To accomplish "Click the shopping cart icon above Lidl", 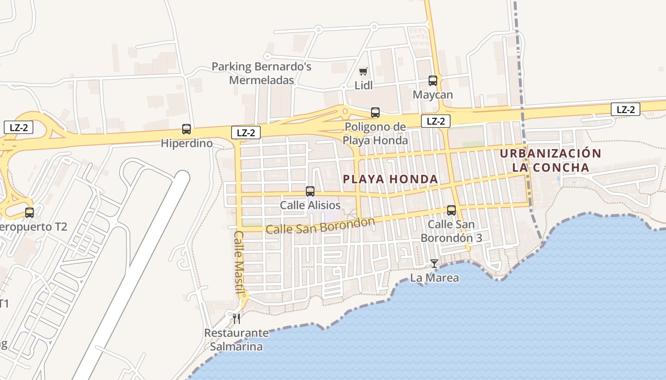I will [363, 72].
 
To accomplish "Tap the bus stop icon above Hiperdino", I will [186, 129].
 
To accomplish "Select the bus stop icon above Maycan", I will [433, 81].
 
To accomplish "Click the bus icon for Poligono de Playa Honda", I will [375, 113].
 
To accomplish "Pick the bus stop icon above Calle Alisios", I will [310, 191].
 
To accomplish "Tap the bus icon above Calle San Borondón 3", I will [451, 210].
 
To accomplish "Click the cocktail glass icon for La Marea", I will [434, 263].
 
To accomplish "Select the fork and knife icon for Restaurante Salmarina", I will [236, 318].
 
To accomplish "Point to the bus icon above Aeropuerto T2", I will [29, 212].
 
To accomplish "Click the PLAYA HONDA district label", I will [391, 179].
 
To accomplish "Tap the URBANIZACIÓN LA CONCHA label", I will [550, 161].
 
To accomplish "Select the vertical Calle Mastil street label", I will [240, 262].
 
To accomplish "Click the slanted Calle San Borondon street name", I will [320, 226].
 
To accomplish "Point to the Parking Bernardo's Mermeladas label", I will [261, 73].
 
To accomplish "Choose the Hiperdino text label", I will [186, 143].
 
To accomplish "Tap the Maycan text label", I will [432, 95].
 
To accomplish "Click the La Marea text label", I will [434, 278].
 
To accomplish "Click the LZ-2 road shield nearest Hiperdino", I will [246, 133].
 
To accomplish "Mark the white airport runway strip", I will [138, 266].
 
